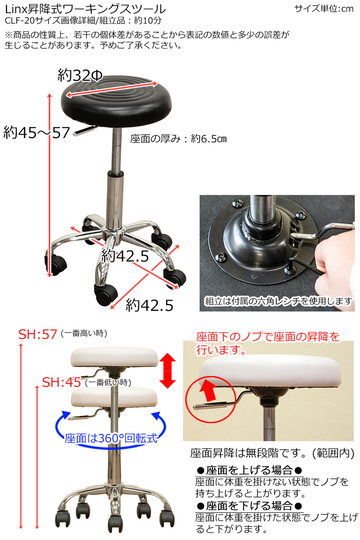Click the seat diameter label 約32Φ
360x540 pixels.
pyautogui.click(x=80, y=75)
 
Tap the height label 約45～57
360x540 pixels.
pyautogui.click(x=36, y=133)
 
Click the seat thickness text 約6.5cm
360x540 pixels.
pyautogui.click(x=209, y=139)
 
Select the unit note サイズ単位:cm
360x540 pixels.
pyautogui.click(x=324, y=9)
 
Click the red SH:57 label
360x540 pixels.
pyautogui.click(x=38, y=334)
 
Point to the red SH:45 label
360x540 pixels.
pyautogui.click(x=62, y=382)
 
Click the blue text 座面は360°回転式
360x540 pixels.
pyautogui.click(x=111, y=438)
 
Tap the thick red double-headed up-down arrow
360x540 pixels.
pyautogui.click(x=167, y=371)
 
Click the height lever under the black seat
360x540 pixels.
pyautogui.click(x=85, y=131)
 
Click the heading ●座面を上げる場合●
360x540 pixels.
pyautogui.click(x=249, y=470)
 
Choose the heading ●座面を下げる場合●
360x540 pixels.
pyautogui.click(x=249, y=506)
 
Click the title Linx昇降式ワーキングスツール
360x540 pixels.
pyautogui.click(x=85, y=9)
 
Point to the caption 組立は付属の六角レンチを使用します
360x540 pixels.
pyautogui.click(x=279, y=301)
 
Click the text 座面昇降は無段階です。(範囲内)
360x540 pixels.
pyautogui.click(x=272, y=453)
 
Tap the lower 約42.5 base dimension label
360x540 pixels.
pyautogui.click(x=149, y=306)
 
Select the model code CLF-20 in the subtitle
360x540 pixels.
pyautogui.click(x=20, y=21)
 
